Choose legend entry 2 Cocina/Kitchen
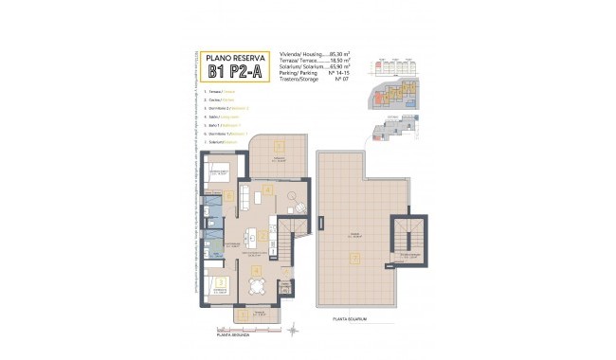(221, 99)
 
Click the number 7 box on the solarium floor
(354, 256)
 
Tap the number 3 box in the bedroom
(221, 281)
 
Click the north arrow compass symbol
(294, 329)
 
